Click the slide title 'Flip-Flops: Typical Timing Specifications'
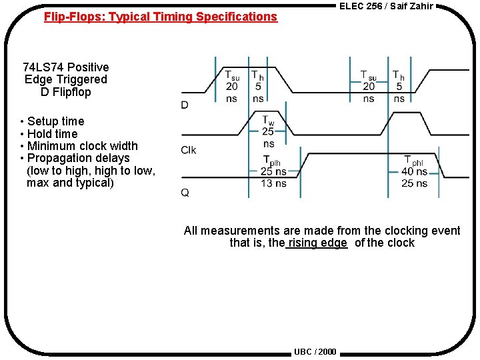coord(160,17)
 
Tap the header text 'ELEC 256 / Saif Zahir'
coord(386,6)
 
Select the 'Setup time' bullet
coord(55,121)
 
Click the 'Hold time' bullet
coord(52,134)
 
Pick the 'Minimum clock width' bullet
coord(82,146)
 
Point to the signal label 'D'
coord(185,105)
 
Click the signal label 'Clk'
coord(189,150)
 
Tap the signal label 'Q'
coord(185,193)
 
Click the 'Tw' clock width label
coord(268,121)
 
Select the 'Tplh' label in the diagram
coord(271,161)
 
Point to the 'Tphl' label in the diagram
coord(413,161)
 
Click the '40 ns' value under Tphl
coord(414,172)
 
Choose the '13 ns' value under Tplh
coord(273,183)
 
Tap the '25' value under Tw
coord(268,132)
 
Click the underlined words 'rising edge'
coord(317,243)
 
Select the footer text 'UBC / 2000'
coord(315,352)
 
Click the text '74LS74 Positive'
coord(65,67)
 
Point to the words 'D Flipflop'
coord(65,92)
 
